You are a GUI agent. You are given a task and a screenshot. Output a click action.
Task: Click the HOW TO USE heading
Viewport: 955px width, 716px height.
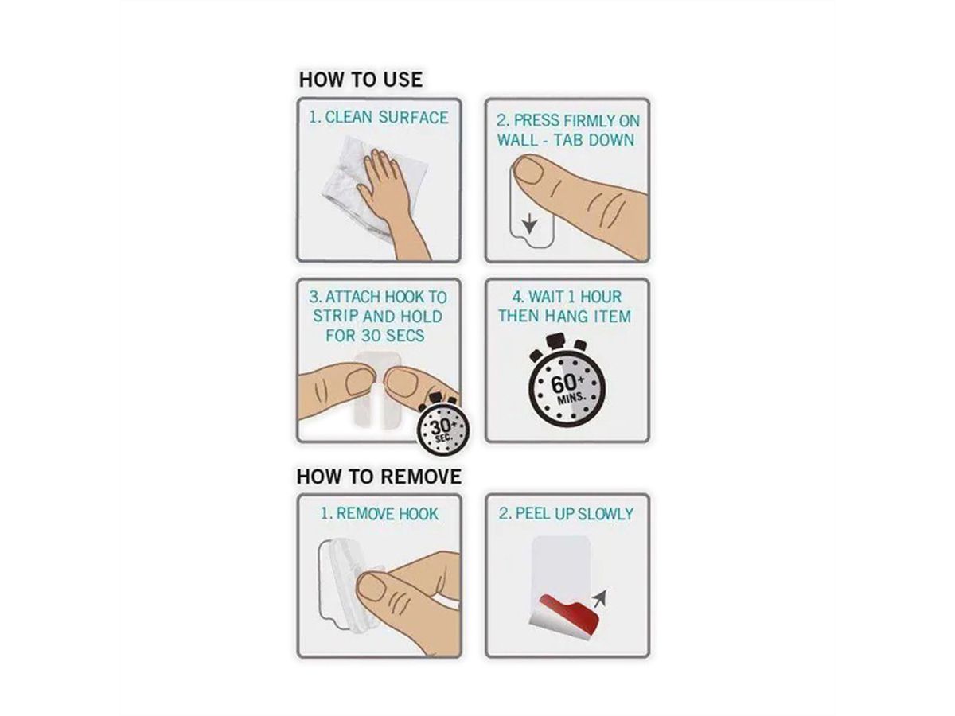tap(361, 80)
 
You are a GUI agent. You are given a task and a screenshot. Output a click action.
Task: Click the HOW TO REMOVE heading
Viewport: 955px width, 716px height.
tap(379, 477)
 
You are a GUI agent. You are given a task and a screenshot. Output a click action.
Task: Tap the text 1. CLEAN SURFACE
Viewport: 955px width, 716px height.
tap(379, 118)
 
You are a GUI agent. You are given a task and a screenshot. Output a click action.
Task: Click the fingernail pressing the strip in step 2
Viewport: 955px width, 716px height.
tap(529, 170)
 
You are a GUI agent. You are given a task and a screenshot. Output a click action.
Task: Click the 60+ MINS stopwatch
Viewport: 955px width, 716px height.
tap(567, 381)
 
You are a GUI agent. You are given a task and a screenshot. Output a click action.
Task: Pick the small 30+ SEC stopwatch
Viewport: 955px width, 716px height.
tap(443, 429)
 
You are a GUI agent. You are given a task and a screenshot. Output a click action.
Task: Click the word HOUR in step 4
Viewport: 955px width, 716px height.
tap(601, 297)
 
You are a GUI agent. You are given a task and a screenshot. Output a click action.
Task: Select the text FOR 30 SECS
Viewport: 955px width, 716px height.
tap(375, 335)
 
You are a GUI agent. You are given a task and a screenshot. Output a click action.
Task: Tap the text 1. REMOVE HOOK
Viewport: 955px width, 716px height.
tap(379, 514)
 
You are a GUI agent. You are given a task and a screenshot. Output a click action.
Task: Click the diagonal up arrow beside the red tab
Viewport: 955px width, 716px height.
tap(600, 598)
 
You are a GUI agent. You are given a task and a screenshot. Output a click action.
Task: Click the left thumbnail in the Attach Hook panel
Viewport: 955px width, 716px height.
tap(361, 383)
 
